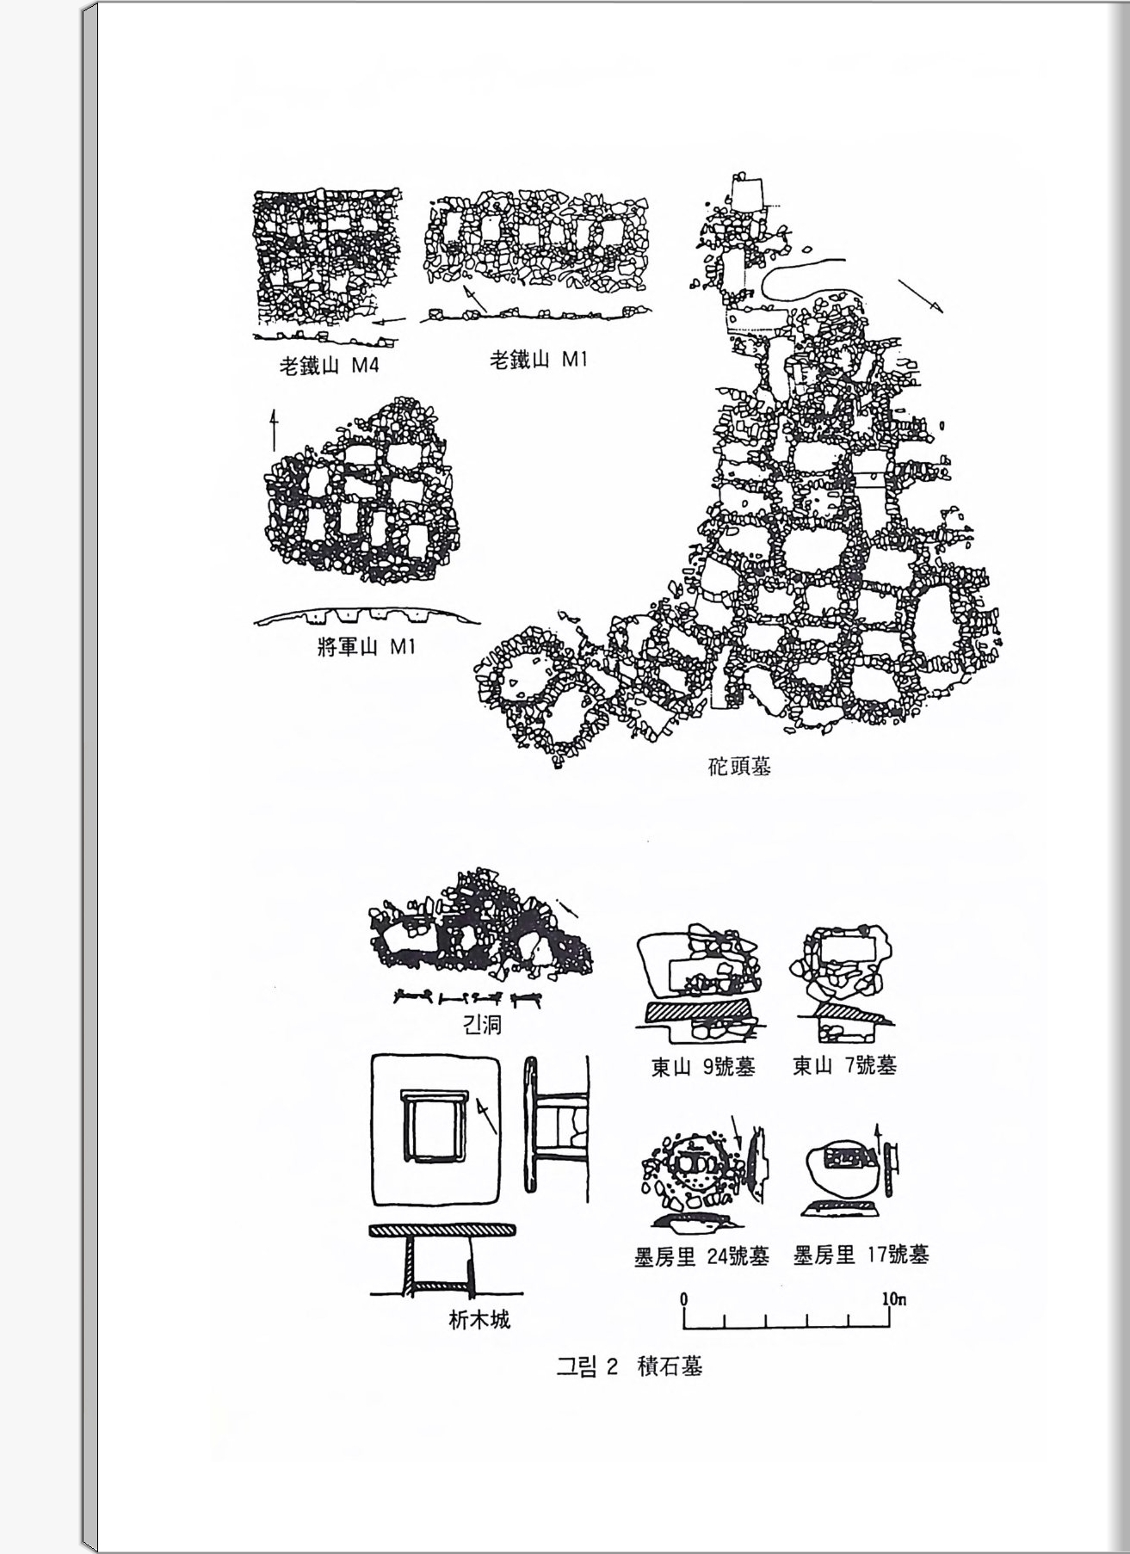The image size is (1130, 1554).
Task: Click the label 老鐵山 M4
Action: pyautogui.click(x=329, y=366)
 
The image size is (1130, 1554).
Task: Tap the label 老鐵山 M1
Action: pyautogui.click(x=538, y=360)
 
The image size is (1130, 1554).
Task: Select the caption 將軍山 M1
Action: pyautogui.click(x=367, y=646)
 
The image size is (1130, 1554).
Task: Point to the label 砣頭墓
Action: pyautogui.click(x=739, y=766)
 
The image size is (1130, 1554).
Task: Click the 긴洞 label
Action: pyautogui.click(x=482, y=1025)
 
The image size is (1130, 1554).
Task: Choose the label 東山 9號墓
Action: pyautogui.click(x=703, y=1067)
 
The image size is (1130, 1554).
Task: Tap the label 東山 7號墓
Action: pyautogui.click(x=844, y=1066)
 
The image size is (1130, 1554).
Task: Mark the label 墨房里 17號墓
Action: pyautogui.click(x=861, y=1255)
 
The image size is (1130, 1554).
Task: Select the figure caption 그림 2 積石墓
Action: pyautogui.click(x=629, y=1366)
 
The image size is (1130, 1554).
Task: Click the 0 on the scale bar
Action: pyautogui.click(x=683, y=1298)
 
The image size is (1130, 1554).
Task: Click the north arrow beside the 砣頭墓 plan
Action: pyautogui.click(x=920, y=295)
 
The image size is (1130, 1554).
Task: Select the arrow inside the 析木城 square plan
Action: pyautogui.click(x=484, y=1115)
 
